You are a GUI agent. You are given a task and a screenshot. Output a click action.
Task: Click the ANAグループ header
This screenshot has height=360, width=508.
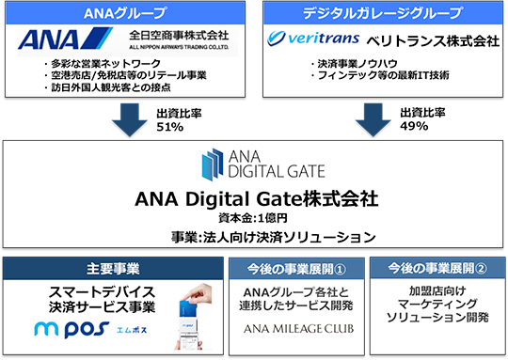click(x=125, y=13)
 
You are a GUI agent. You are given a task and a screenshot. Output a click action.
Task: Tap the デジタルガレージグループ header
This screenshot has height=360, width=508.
click(x=383, y=13)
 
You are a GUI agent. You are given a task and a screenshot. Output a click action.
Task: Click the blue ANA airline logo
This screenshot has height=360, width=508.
click(x=65, y=39)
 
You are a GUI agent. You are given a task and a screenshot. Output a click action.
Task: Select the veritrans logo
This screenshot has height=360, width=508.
click(x=313, y=39)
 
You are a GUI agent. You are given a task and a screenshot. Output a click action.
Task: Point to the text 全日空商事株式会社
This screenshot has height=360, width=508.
click(x=179, y=35)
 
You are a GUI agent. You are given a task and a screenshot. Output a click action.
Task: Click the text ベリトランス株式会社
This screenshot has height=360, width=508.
click(x=433, y=41)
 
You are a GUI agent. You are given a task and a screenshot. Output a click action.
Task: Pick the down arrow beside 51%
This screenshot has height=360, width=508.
click(x=130, y=119)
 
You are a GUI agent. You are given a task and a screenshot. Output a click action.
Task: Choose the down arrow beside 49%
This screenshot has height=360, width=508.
click(x=373, y=119)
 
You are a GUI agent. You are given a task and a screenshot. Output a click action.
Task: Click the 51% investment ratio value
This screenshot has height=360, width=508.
click(x=169, y=127)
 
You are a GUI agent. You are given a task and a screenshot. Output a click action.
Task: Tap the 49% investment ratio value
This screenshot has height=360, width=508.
click(x=414, y=126)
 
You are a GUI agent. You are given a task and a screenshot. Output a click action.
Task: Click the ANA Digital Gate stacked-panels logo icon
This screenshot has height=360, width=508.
click(x=213, y=164)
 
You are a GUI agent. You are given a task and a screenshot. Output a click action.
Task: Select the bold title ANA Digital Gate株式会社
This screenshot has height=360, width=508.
click(x=256, y=198)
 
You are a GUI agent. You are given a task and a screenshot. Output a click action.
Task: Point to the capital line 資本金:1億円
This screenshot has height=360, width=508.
click(x=253, y=218)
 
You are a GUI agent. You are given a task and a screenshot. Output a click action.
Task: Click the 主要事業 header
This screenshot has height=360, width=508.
click(x=113, y=269)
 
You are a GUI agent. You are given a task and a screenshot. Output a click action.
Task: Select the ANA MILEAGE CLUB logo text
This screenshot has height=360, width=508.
click(x=298, y=329)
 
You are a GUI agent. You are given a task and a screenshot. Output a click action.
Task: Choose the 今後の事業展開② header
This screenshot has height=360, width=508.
click(x=437, y=268)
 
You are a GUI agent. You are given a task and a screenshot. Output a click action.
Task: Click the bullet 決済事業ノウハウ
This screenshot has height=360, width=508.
click(x=354, y=64)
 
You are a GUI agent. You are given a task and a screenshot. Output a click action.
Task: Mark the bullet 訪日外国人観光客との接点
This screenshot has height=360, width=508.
click(x=107, y=87)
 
